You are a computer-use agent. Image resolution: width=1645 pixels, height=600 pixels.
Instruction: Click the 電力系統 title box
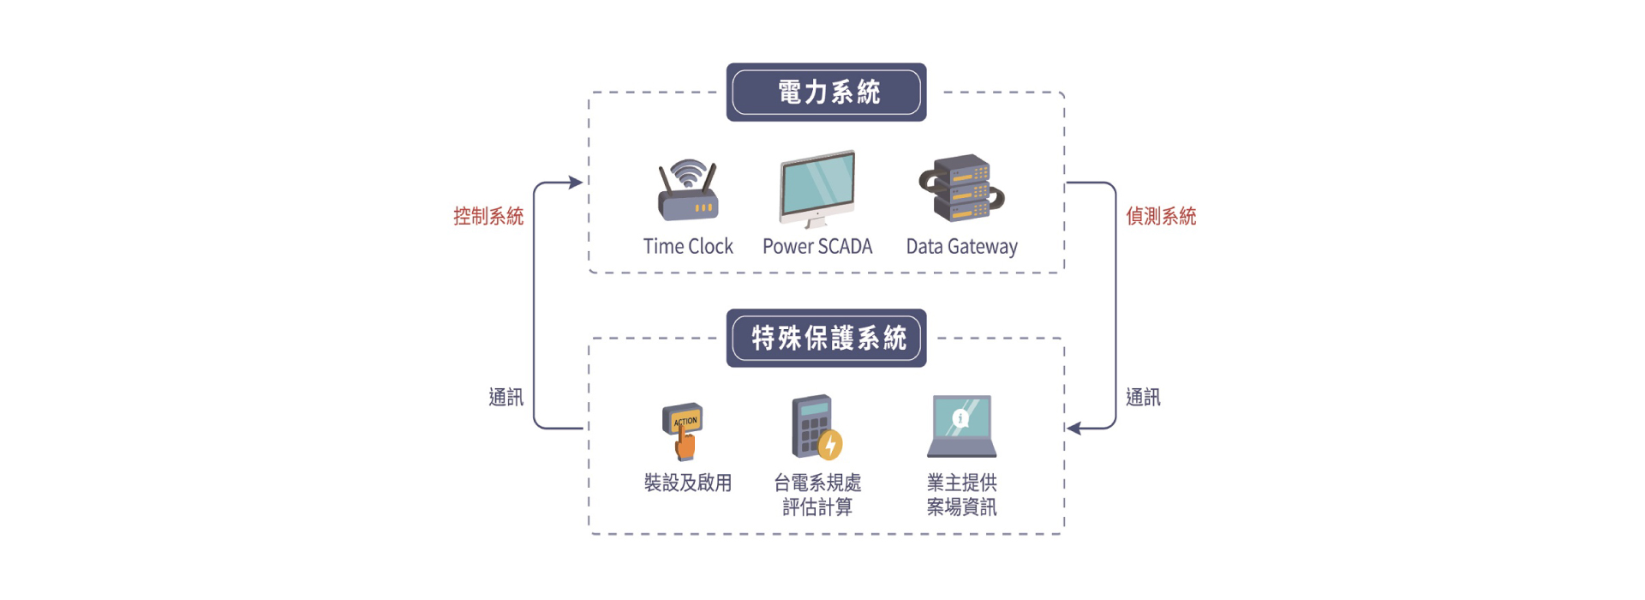point(826,92)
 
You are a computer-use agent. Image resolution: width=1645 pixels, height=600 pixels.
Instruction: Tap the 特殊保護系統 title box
point(826,338)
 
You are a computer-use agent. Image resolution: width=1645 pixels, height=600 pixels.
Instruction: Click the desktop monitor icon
point(817,188)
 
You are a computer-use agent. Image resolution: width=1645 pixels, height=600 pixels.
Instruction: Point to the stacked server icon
point(961,188)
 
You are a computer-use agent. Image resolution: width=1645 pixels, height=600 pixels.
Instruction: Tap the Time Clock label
point(688,247)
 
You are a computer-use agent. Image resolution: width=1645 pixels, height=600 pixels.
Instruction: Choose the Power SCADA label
point(817,247)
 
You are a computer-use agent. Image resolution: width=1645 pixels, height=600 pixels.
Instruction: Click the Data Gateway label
point(961,247)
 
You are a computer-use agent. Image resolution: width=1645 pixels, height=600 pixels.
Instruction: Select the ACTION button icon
point(684,431)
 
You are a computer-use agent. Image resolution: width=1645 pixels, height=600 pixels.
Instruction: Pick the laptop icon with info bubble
point(961,426)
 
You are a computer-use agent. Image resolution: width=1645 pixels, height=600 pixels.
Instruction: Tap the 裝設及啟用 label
point(688,483)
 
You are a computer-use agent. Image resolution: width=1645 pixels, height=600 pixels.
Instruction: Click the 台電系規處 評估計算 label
point(817,495)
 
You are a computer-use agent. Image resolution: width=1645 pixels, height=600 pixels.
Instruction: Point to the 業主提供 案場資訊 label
point(961,495)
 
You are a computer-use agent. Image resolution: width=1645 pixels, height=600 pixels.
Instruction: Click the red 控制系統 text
point(488,216)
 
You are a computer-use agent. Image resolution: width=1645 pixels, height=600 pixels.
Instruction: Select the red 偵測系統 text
point(1161,216)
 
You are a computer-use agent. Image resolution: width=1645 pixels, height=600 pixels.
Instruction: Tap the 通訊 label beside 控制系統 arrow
point(505,397)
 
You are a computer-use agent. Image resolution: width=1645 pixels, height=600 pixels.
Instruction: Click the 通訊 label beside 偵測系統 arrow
point(1143,397)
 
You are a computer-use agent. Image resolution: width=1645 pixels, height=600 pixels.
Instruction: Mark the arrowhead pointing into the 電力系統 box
point(577,183)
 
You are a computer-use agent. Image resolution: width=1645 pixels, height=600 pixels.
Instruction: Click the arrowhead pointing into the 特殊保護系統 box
point(1074,428)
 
